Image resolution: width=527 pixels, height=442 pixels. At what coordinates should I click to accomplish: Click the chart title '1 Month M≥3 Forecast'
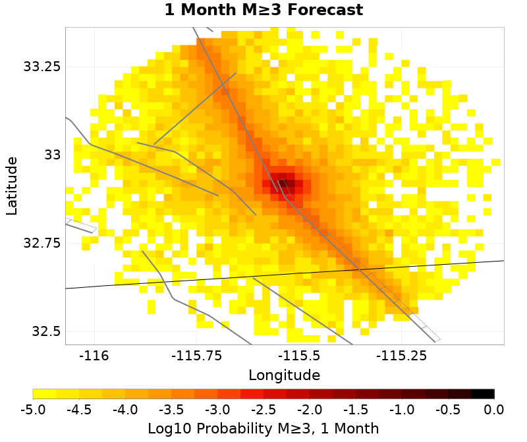click(x=263, y=11)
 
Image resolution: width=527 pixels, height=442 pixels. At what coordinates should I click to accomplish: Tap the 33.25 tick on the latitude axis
click(x=42, y=67)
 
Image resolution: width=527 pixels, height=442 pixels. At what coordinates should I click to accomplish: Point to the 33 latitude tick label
click(x=51, y=155)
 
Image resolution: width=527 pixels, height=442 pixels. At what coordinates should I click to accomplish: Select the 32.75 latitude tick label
click(x=42, y=243)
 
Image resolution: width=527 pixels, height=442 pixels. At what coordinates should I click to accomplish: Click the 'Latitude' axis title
click(x=11, y=185)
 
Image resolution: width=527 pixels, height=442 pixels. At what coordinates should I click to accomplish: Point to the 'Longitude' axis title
click(x=284, y=375)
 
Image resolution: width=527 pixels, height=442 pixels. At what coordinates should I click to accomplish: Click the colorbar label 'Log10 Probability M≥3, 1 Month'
click(x=263, y=429)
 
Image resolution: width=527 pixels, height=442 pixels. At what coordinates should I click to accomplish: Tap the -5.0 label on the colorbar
click(x=33, y=409)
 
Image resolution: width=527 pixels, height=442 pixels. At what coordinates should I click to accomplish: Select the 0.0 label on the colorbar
click(x=494, y=409)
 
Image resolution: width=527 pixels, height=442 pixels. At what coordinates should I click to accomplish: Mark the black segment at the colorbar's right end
click(x=482, y=394)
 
